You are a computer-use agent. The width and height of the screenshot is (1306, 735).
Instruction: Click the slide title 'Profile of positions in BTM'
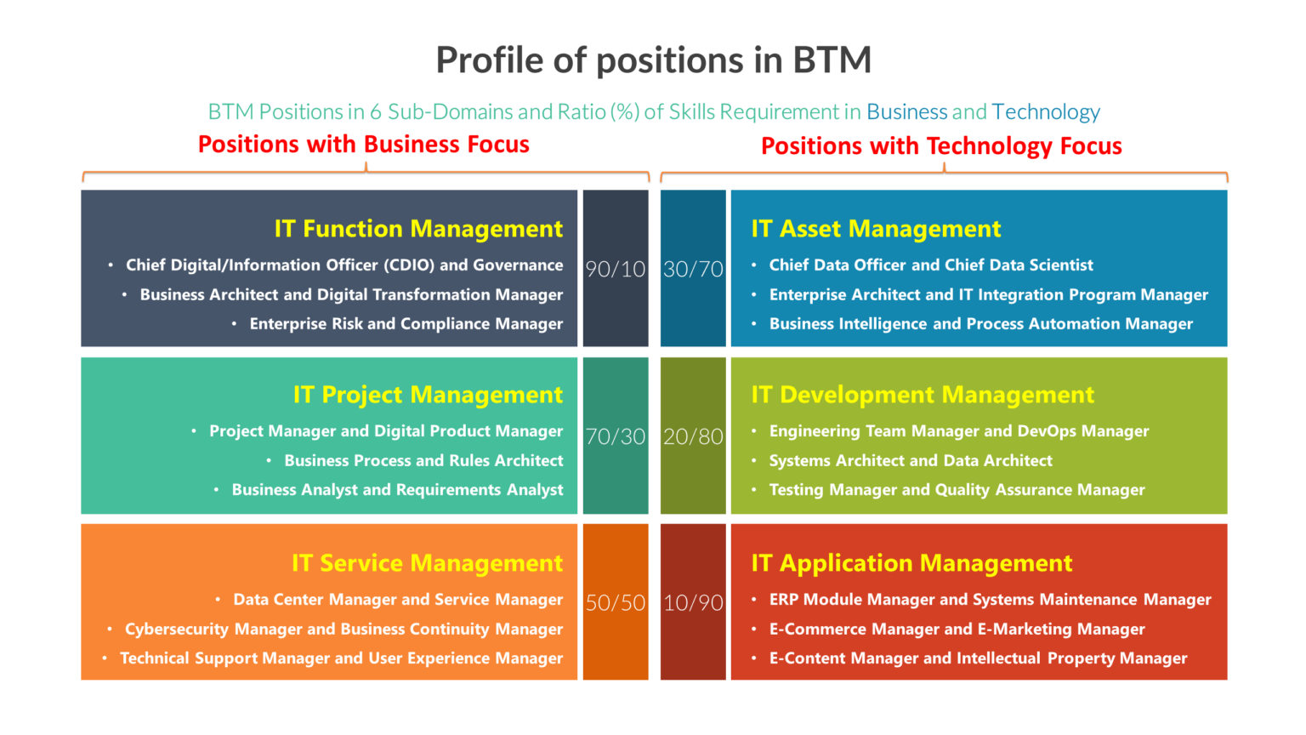pyautogui.click(x=653, y=60)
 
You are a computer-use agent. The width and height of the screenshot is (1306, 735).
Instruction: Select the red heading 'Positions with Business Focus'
pyautogui.click(x=363, y=145)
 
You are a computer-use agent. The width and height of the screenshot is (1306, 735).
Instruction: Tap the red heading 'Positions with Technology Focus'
pyautogui.click(x=941, y=146)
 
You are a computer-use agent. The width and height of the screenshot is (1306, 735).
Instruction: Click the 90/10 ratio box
pyautogui.click(x=616, y=269)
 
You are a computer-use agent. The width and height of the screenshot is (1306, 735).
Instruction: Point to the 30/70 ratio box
pyautogui.click(x=693, y=269)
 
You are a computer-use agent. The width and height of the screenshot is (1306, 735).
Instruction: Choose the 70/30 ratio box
pyautogui.click(x=616, y=436)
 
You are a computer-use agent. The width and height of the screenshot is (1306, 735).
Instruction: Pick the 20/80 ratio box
pyautogui.click(x=693, y=436)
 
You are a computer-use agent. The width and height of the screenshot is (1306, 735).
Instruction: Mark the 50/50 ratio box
pyautogui.click(x=616, y=602)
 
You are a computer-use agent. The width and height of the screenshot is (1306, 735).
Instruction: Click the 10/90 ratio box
pyautogui.click(x=693, y=602)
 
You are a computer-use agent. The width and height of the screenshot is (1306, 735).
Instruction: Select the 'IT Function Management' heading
pyautogui.click(x=417, y=229)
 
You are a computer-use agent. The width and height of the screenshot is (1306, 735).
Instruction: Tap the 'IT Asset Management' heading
pyautogui.click(x=876, y=229)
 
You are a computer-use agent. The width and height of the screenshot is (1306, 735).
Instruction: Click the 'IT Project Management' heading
pyautogui.click(x=428, y=395)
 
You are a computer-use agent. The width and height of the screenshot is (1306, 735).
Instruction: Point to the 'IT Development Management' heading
pyautogui.click(x=923, y=395)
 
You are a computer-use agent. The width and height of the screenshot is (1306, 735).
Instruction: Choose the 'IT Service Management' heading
pyautogui.click(x=427, y=563)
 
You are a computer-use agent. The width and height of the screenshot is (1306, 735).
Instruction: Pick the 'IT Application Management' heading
pyautogui.click(x=911, y=563)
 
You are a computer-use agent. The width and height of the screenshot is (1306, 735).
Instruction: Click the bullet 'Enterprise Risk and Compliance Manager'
pyautogui.click(x=406, y=324)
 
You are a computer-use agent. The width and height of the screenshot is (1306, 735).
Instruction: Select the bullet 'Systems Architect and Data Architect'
pyautogui.click(x=911, y=461)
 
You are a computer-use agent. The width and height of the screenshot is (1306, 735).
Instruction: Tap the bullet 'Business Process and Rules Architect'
pyautogui.click(x=423, y=461)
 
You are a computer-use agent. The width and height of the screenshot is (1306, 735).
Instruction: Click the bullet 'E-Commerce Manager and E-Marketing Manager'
pyautogui.click(x=957, y=630)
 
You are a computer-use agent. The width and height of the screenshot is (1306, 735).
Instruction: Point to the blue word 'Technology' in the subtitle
pyautogui.click(x=1045, y=112)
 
